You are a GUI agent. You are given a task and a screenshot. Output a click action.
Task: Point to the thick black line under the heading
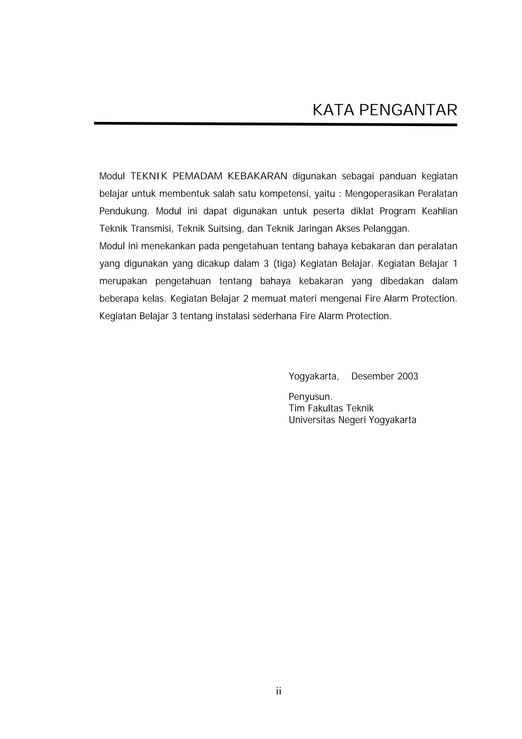pos(275,124)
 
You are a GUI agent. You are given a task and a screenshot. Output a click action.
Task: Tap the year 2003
pos(408,376)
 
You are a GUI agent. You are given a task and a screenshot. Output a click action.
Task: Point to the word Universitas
pos(312,420)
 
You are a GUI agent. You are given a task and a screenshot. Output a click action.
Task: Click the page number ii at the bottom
pos(279,691)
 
